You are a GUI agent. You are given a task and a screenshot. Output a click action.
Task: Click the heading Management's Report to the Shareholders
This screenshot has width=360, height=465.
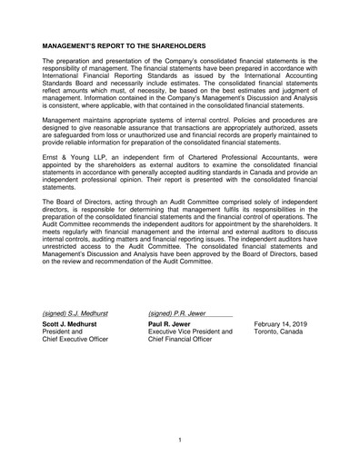[x=125, y=45]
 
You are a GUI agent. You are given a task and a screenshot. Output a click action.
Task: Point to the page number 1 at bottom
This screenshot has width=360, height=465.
[x=180, y=440]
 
